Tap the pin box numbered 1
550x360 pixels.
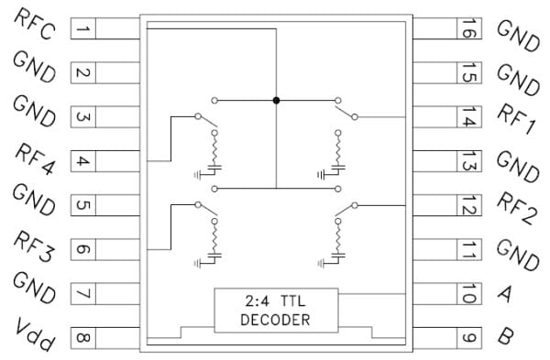[x=82, y=29]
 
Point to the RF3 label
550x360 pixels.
[x=35, y=245]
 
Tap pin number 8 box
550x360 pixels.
[x=82, y=338]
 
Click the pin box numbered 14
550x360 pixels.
[x=467, y=117]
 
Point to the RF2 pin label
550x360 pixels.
[x=516, y=207]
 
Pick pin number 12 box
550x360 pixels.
[x=467, y=205]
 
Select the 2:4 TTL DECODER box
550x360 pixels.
[x=275, y=311]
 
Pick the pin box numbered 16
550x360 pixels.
[x=467, y=29]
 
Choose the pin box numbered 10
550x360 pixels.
[x=467, y=294]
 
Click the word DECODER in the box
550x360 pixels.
[x=275, y=320]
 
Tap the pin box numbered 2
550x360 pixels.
[x=82, y=73]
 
